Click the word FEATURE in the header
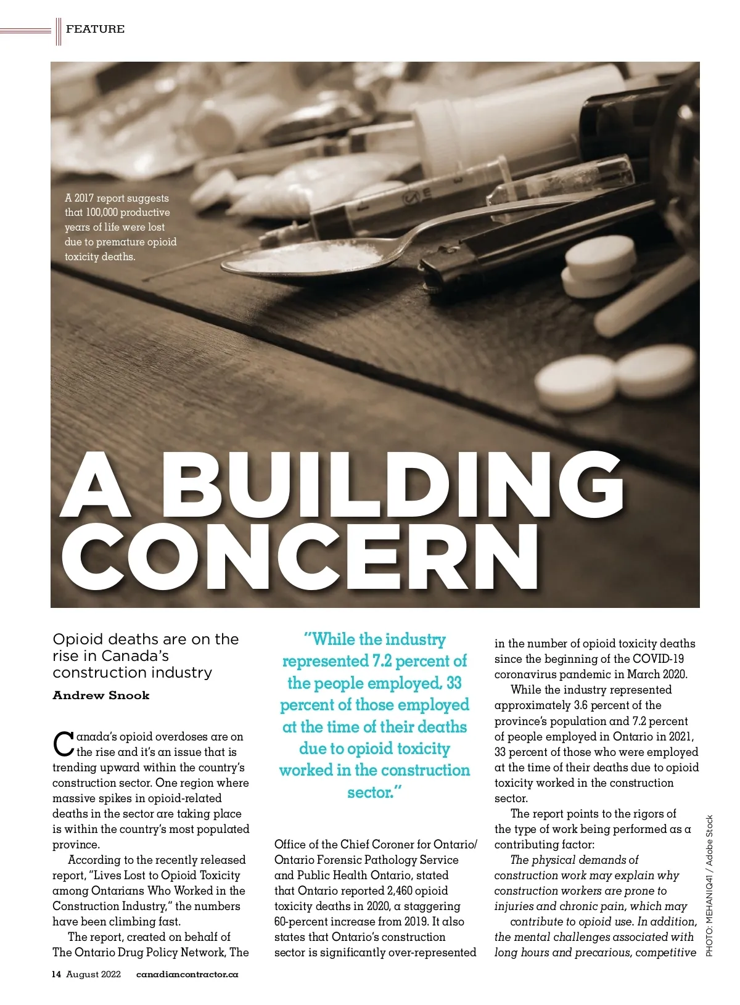[95, 29]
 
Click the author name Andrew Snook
[101, 695]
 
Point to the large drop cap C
[64, 744]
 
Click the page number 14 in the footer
[56, 974]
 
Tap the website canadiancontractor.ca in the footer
[187, 974]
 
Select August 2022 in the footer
[93, 974]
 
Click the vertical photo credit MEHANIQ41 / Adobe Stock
[709, 885]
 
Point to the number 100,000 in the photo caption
[102, 213]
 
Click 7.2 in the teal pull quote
[382, 661]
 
